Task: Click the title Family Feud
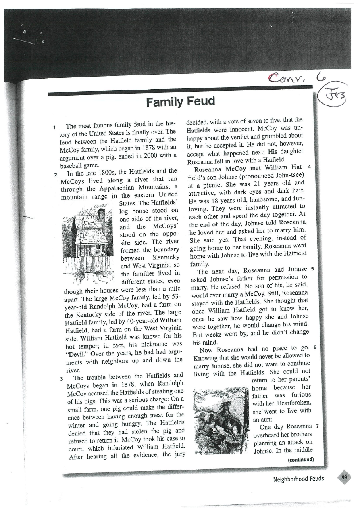point(181,101)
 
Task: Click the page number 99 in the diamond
point(344,478)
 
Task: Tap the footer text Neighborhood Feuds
point(298,479)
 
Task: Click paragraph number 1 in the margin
point(55,127)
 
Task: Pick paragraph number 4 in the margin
point(308,166)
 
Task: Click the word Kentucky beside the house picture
point(165,257)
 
